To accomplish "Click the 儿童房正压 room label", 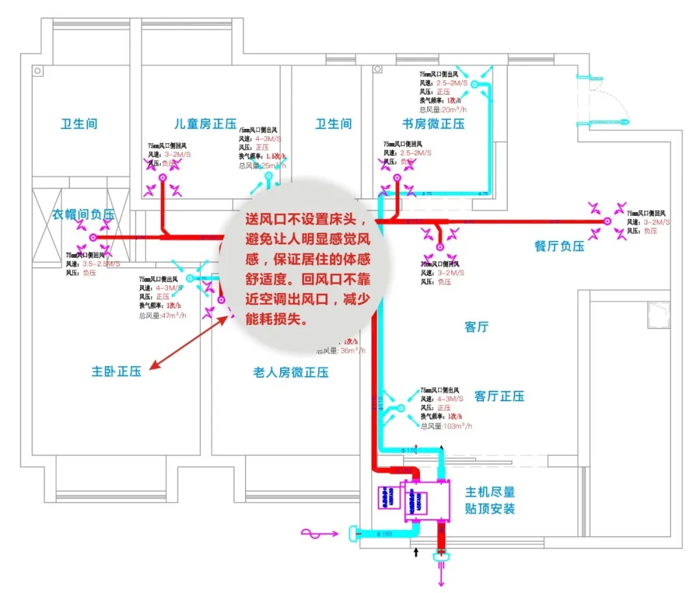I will click(205, 123).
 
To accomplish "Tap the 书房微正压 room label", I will click(433, 123).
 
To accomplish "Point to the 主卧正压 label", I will click(117, 372).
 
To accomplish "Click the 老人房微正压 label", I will click(290, 372).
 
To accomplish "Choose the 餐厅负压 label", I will click(559, 246).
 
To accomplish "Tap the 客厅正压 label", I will click(499, 396).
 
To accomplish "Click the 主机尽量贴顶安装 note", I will click(490, 500).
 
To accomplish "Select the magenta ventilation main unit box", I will click(428, 501).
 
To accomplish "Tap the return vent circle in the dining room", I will click(607, 221).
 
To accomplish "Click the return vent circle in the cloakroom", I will click(93, 238).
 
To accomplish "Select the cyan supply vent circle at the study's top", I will click(474, 84).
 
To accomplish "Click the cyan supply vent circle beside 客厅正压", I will click(401, 408).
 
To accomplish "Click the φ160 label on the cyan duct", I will click(385, 534).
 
